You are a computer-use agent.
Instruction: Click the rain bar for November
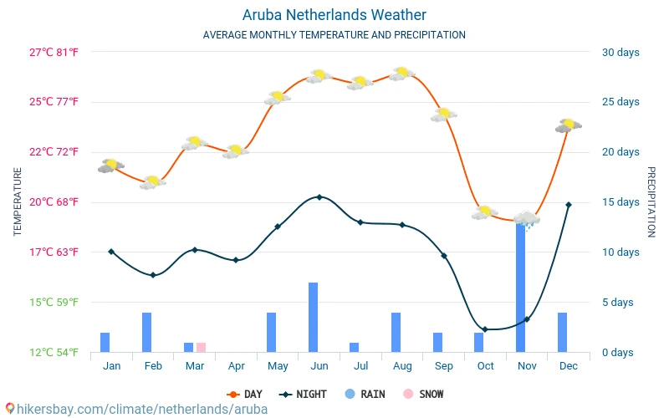[x=521, y=288]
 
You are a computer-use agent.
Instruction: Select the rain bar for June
[x=314, y=318]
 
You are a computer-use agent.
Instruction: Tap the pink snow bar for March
[x=201, y=347]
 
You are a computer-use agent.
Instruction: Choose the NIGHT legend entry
[x=305, y=394]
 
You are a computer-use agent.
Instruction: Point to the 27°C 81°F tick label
[x=54, y=53]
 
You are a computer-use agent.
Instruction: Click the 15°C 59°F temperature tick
[x=54, y=302]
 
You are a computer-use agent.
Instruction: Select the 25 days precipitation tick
[x=620, y=102]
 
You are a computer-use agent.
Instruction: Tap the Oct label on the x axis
[x=485, y=366]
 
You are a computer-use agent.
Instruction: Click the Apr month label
[x=236, y=366]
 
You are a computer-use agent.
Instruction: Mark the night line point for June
[x=319, y=197]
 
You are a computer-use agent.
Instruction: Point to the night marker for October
[x=485, y=329]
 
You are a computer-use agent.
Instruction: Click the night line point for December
[x=569, y=205]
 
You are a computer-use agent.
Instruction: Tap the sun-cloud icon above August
[x=402, y=74]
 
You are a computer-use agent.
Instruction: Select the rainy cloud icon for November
[x=527, y=220]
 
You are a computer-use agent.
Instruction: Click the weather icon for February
[x=152, y=182]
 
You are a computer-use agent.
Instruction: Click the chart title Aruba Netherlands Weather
[x=334, y=15]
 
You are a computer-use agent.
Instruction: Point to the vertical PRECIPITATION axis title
[x=651, y=201]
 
